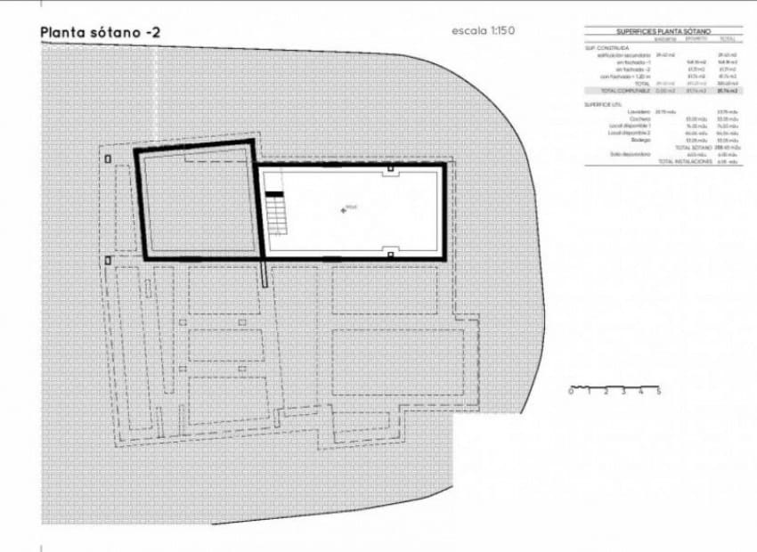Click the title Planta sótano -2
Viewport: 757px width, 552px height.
pyautogui.click(x=101, y=32)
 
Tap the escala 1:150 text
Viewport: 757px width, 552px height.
pyautogui.click(x=484, y=31)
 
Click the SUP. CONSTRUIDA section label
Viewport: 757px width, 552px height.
pyautogui.click(x=606, y=47)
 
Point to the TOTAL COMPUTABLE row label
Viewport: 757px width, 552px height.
pyautogui.click(x=622, y=91)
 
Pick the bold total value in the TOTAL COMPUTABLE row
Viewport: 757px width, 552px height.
pyautogui.click(x=727, y=91)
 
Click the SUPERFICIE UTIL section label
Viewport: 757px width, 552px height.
pyautogui.click(x=603, y=104)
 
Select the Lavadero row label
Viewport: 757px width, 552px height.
pyautogui.click(x=639, y=111)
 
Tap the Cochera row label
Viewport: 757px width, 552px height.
pyautogui.click(x=640, y=118)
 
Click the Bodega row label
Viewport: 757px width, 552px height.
pyautogui.click(x=640, y=140)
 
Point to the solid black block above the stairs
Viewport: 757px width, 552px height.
pyautogui.click(x=274, y=193)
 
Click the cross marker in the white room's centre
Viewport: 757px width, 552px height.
pyautogui.click(x=343, y=209)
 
